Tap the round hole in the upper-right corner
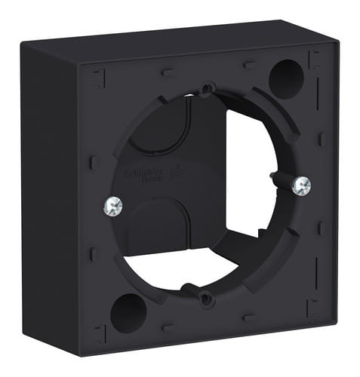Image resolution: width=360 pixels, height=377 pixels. point(286,73)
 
